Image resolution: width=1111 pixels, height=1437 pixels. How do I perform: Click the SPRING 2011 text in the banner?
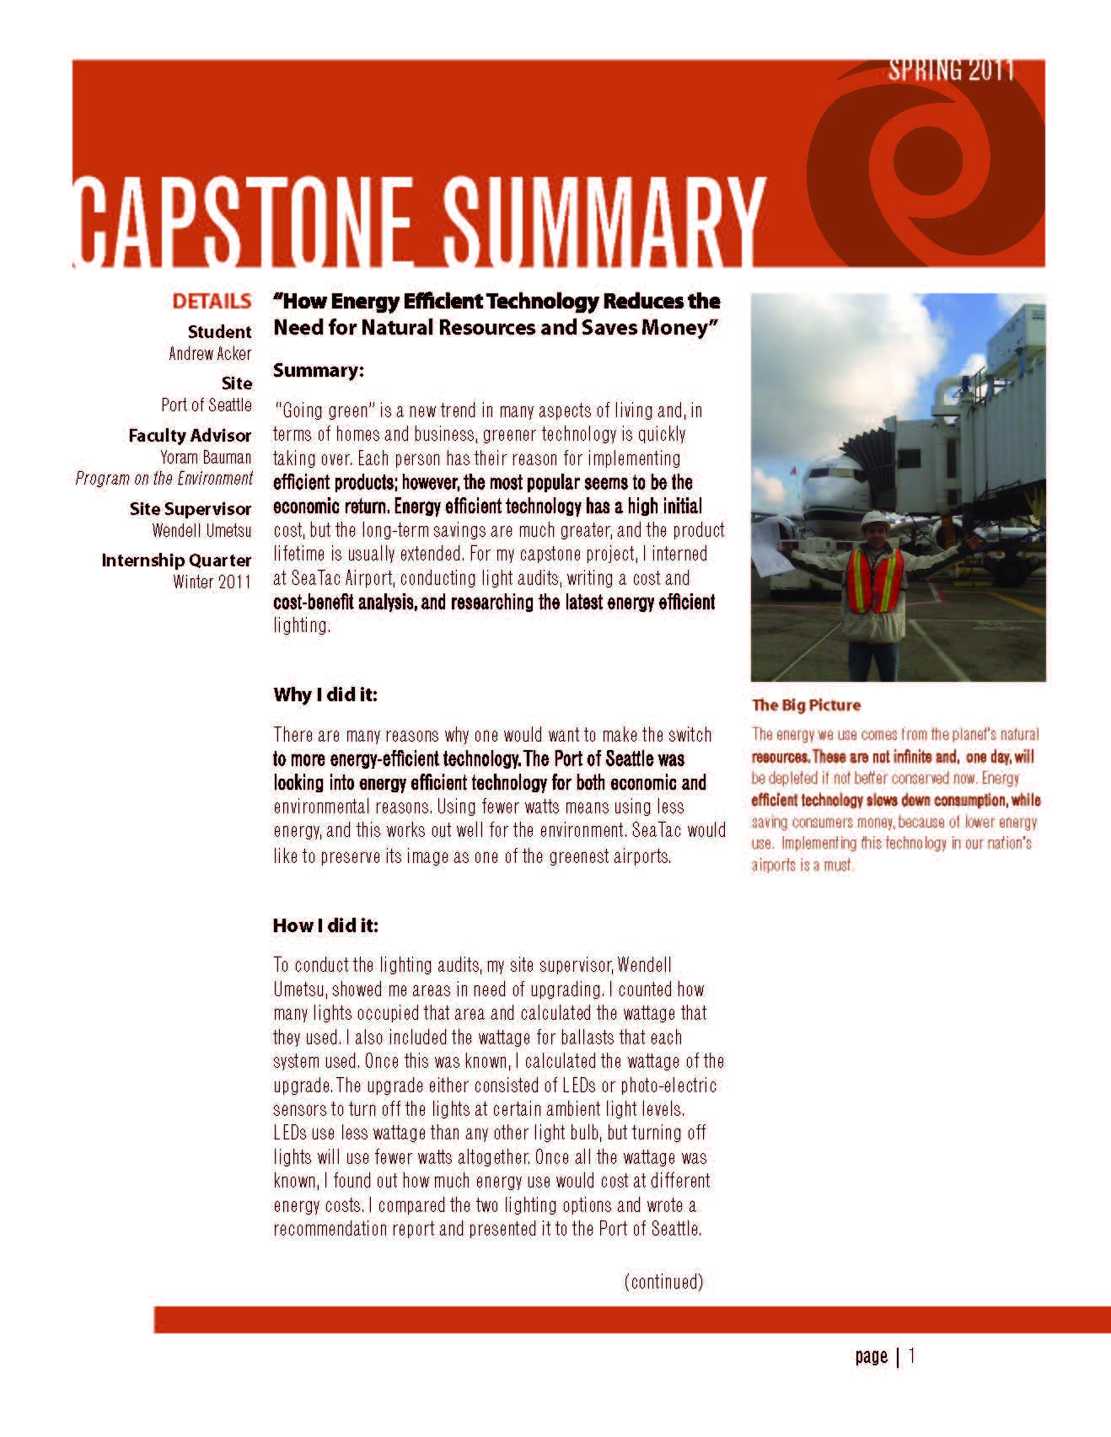tap(950, 71)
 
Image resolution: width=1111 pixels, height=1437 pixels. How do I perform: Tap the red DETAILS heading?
tap(212, 302)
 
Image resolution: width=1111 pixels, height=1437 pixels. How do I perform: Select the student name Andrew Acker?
tap(210, 354)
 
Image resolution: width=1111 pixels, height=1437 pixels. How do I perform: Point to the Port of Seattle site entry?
tap(207, 405)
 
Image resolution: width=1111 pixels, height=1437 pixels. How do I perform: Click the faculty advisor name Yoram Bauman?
tap(206, 458)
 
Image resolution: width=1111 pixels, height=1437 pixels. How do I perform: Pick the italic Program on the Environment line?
tap(164, 479)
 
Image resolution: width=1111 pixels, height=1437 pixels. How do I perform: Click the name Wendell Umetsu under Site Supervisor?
tap(201, 531)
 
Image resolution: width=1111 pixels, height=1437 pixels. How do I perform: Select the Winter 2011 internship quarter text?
tap(212, 582)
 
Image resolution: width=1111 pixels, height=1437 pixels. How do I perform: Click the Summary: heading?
tap(318, 370)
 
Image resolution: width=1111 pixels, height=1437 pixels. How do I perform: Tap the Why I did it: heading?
tap(325, 694)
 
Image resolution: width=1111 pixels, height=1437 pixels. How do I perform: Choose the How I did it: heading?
tap(325, 925)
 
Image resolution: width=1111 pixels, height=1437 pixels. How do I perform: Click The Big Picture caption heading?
tap(806, 705)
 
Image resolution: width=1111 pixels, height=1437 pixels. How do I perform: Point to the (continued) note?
tap(663, 1282)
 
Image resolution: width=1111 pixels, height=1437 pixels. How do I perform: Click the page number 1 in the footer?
tap(911, 1356)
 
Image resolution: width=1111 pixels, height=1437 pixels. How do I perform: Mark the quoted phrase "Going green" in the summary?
tap(321, 411)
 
